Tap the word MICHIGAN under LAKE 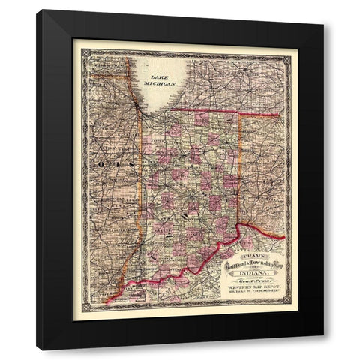tap(160, 84)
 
